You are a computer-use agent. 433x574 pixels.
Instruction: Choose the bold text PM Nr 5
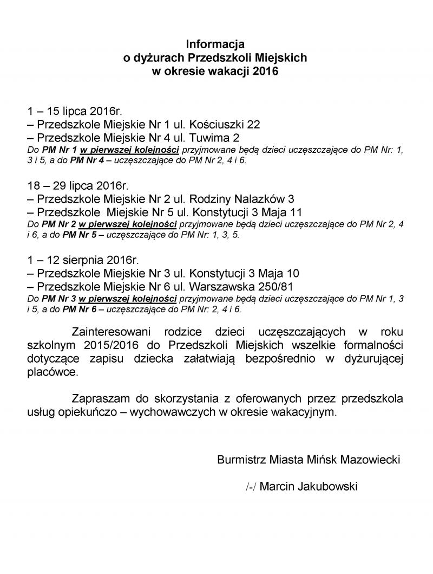coord(78,235)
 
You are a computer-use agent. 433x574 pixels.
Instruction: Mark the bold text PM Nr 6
coord(79,309)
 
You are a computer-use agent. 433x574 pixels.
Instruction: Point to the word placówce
coord(53,372)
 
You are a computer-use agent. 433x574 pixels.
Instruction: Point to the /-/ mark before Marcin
coord(251,487)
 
